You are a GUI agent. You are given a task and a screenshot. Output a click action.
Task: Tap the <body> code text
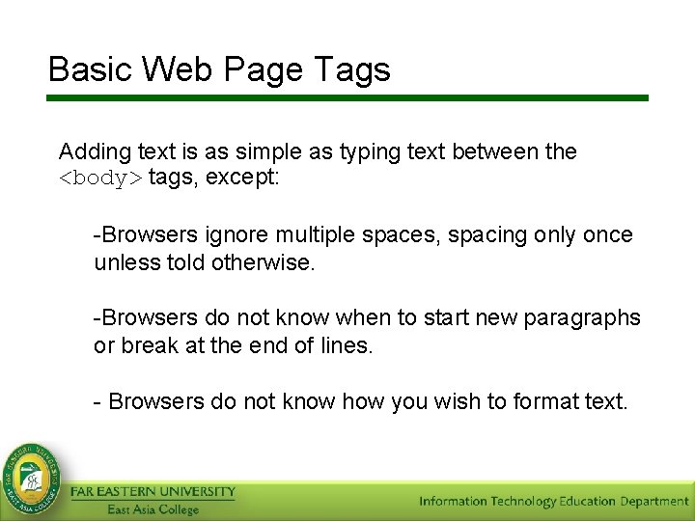tap(100, 178)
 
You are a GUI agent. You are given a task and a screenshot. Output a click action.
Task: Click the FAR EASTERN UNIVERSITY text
tap(153, 492)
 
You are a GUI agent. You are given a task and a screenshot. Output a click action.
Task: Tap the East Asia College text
tap(153, 509)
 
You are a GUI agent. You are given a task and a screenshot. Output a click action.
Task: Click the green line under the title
tap(347, 97)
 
